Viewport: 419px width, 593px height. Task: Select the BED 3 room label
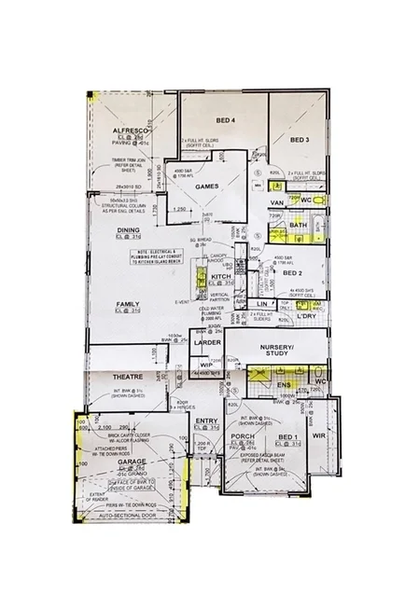(x=299, y=140)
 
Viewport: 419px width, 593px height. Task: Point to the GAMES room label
(x=206, y=186)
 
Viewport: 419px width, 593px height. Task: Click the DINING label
(x=128, y=229)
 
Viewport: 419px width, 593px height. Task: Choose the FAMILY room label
(x=128, y=305)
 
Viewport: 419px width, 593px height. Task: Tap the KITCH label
(x=220, y=277)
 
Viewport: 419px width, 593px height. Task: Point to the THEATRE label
(x=127, y=377)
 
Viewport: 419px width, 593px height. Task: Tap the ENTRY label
(x=206, y=421)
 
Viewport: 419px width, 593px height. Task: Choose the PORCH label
(x=243, y=436)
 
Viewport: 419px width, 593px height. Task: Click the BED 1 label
(x=288, y=436)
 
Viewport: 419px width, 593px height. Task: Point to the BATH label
(x=299, y=225)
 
